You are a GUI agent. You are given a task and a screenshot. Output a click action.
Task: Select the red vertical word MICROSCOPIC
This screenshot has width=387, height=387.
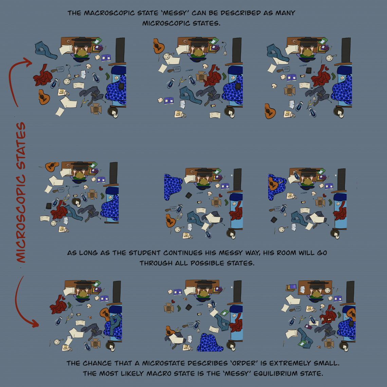(x=21, y=219)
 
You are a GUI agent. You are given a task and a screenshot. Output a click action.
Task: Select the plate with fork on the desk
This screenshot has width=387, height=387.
(x=328, y=290)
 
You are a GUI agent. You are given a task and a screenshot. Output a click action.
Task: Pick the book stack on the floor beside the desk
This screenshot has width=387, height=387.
(x=291, y=288)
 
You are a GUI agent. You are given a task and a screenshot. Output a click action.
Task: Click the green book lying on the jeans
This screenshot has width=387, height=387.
(x=302, y=343)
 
